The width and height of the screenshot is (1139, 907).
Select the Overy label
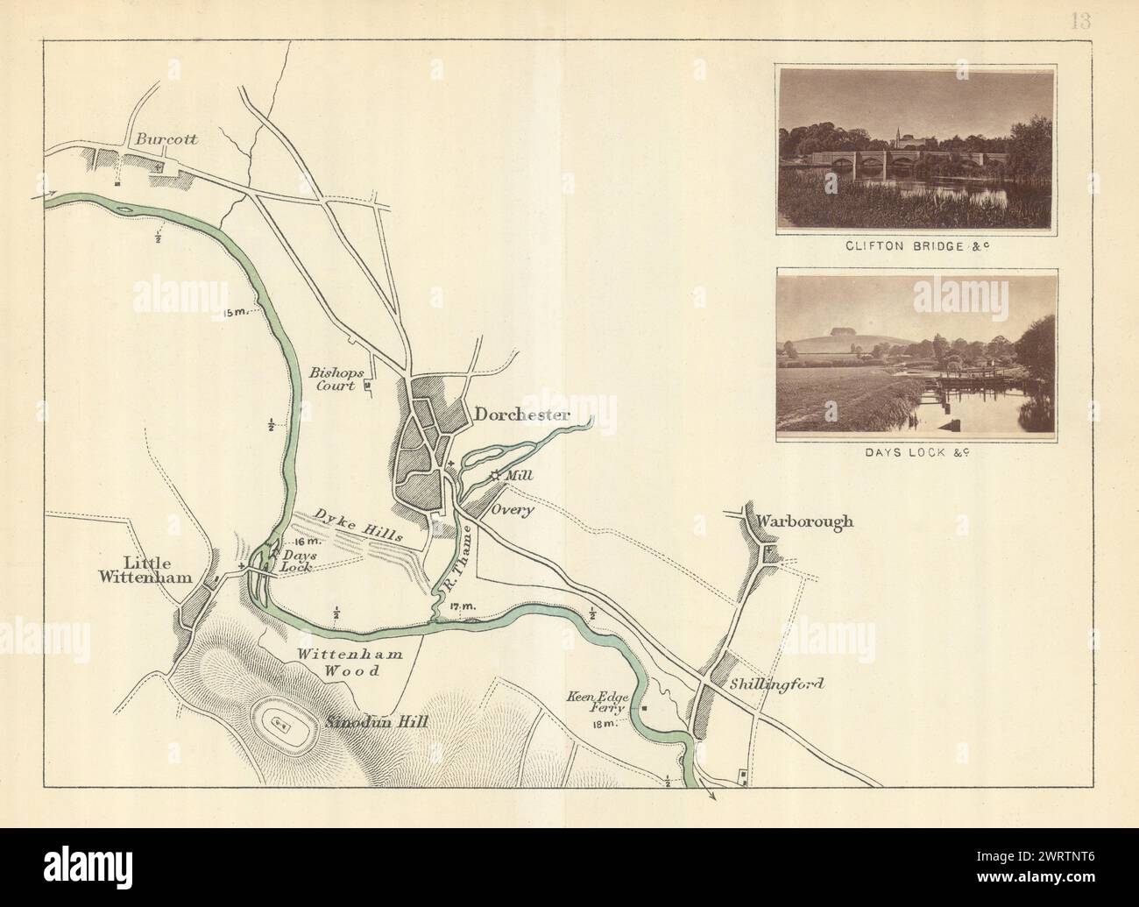[513, 510]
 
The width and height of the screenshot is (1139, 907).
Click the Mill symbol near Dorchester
[495, 476]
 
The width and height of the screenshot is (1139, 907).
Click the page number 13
[1079, 22]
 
